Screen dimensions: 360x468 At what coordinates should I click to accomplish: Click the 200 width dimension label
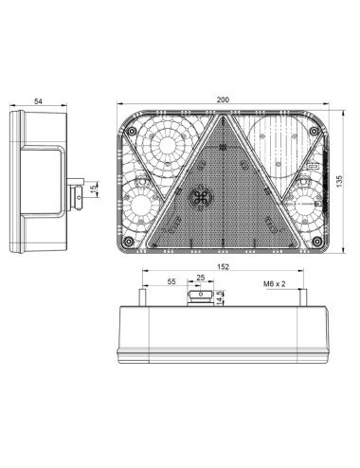(223, 99)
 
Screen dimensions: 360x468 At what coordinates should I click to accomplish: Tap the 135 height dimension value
(339, 182)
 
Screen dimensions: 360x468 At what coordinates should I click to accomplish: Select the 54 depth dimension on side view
(38, 101)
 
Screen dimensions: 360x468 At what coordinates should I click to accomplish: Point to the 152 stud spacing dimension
(223, 267)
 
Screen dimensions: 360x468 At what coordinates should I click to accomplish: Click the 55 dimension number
(171, 281)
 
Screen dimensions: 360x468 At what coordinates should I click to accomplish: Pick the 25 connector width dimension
(201, 278)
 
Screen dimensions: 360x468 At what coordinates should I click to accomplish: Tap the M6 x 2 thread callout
(274, 284)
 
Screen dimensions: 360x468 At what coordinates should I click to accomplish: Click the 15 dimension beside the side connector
(94, 189)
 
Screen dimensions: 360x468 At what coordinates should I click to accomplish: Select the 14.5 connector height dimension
(220, 297)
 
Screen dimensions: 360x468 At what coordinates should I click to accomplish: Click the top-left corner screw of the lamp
(132, 131)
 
